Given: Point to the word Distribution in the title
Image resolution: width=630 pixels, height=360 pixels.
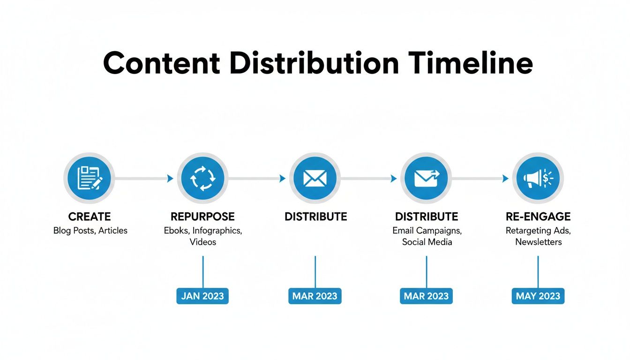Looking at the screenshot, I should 314,64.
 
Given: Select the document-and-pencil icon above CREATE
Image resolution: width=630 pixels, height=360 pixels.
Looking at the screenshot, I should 89,178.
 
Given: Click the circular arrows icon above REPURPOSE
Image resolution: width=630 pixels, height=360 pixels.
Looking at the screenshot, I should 202,178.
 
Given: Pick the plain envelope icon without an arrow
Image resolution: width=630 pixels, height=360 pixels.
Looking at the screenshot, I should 315,178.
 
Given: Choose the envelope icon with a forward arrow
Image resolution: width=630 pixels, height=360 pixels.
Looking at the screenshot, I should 427,178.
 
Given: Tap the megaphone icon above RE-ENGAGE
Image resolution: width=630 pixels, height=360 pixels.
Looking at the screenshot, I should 538,178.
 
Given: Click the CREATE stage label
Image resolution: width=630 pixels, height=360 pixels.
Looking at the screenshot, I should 89,217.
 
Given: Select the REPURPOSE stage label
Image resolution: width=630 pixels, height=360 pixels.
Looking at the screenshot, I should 202,217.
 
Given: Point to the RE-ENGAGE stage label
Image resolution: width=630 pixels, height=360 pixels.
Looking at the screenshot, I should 538,217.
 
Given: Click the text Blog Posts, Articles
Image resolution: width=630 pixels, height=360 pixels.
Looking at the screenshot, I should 90,231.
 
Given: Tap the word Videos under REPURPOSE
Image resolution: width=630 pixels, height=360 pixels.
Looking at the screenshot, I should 202,242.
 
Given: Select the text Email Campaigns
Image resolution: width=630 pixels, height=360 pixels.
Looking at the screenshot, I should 427,231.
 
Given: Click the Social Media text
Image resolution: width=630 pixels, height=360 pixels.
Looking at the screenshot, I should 427,242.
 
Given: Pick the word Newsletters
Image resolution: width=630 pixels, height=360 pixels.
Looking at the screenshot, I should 538,242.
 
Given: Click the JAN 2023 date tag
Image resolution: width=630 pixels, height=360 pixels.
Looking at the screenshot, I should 202,296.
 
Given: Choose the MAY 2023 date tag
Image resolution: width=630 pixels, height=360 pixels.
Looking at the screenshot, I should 538,296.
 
